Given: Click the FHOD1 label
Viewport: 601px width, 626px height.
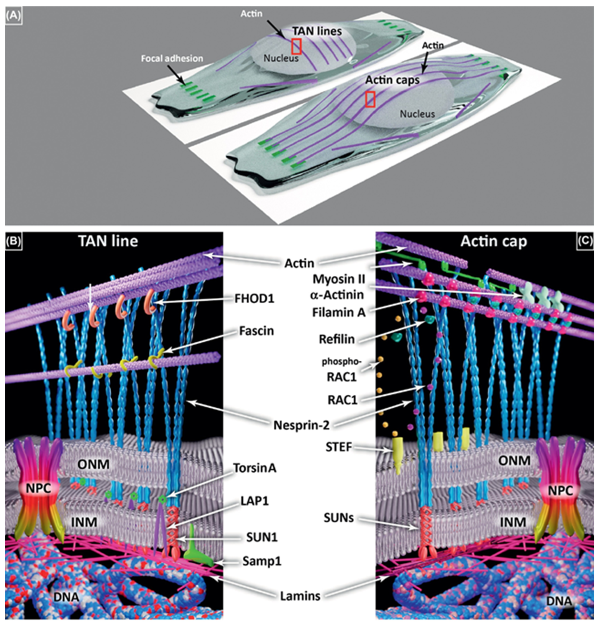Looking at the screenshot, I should click(254, 298).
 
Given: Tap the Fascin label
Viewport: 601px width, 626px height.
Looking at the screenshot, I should click(256, 331).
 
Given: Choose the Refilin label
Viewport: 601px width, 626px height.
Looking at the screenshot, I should click(337, 339).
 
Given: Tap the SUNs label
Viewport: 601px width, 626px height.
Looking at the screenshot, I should click(339, 518).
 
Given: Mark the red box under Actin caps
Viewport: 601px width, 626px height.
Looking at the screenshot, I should click(370, 99).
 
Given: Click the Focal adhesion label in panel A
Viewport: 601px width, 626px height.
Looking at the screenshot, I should click(172, 58).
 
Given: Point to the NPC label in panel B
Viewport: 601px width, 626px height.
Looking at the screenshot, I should click(38, 489).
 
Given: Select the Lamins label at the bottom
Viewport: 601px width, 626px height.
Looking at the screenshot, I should click(300, 596).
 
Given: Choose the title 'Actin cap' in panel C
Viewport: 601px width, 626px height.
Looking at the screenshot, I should click(493, 242).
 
